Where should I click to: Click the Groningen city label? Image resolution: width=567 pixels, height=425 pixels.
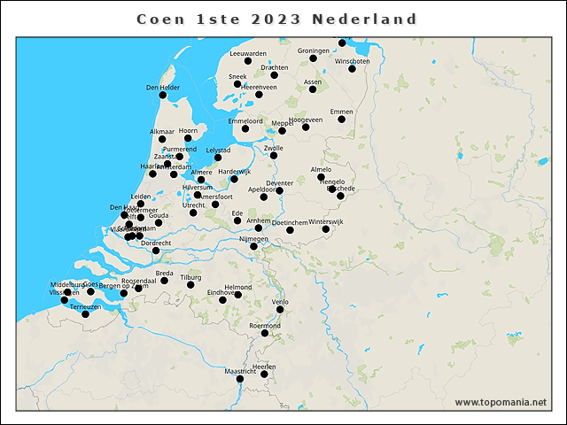pyautogui.click(x=314, y=50)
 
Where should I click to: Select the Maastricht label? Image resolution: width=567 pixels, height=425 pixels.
pyautogui.click(x=239, y=371)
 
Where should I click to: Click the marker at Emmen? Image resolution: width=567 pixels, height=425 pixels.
pyautogui.click(x=341, y=120)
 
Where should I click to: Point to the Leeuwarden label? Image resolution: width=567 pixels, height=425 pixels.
pyautogui.click(x=248, y=53)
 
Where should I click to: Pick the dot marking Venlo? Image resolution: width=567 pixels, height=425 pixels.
pyautogui.click(x=280, y=309)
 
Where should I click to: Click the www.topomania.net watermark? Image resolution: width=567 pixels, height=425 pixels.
pyautogui.click(x=501, y=402)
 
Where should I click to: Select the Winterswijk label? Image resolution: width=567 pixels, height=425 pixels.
pyautogui.click(x=325, y=221)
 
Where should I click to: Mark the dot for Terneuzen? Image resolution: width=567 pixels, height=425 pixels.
pyautogui.click(x=85, y=314)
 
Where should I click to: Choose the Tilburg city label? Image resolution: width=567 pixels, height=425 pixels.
pyautogui.click(x=190, y=277)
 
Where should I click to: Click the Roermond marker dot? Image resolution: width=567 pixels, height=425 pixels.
pyautogui.click(x=264, y=333)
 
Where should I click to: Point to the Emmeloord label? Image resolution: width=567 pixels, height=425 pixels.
pyautogui.click(x=245, y=120)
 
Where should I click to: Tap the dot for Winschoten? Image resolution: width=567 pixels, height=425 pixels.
pyautogui.click(x=352, y=69)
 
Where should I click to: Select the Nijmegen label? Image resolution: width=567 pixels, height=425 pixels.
pyautogui.click(x=253, y=238)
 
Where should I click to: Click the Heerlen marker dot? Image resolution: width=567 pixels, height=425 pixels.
pyautogui.click(x=264, y=374)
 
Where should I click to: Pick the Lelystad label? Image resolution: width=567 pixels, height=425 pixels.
pyautogui.click(x=218, y=151)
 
